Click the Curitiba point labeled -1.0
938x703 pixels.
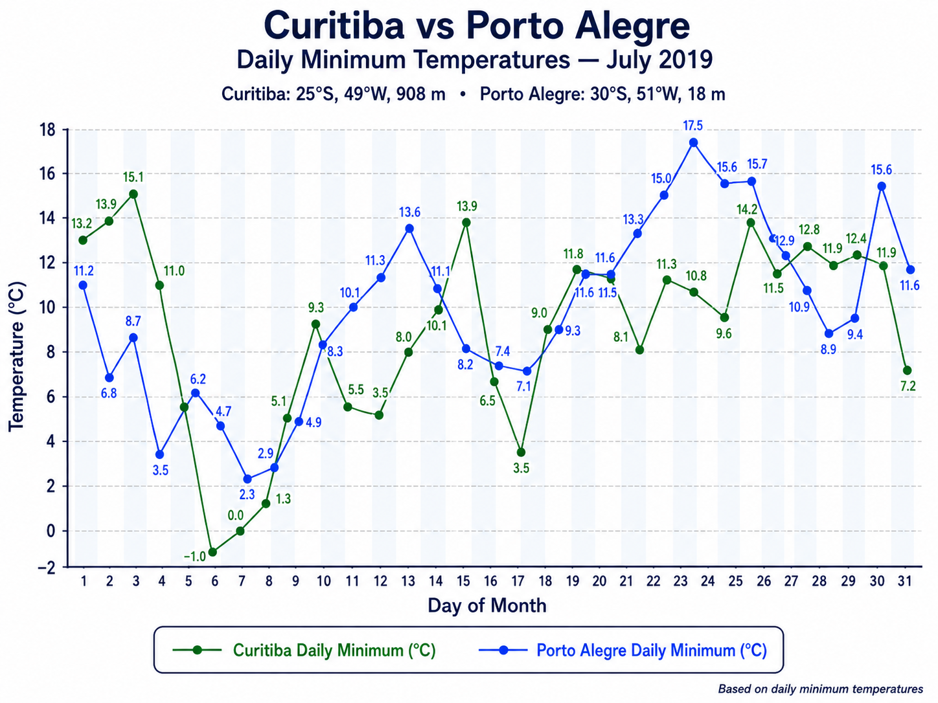[x=212, y=552]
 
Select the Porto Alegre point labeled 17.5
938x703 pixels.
[x=694, y=142]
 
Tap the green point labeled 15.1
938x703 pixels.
[x=133, y=194]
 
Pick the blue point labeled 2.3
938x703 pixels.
[x=247, y=479]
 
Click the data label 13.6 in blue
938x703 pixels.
[x=409, y=212]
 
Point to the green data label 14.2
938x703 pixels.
[x=747, y=210]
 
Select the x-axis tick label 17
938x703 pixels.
[x=518, y=581]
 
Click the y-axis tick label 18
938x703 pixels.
[x=47, y=129]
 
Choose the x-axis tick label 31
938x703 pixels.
[x=905, y=581]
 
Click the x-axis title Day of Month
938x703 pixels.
[x=487, y=606]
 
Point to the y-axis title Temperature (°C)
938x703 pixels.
[x=17, y=357]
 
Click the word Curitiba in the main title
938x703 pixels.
[x=334, y=25]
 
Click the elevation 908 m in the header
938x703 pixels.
[x=421, y=94]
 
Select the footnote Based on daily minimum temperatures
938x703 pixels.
[x=821, y=689]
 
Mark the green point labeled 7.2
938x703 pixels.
[x=908, y=370]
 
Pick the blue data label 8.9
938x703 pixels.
[x=828, y=350]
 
